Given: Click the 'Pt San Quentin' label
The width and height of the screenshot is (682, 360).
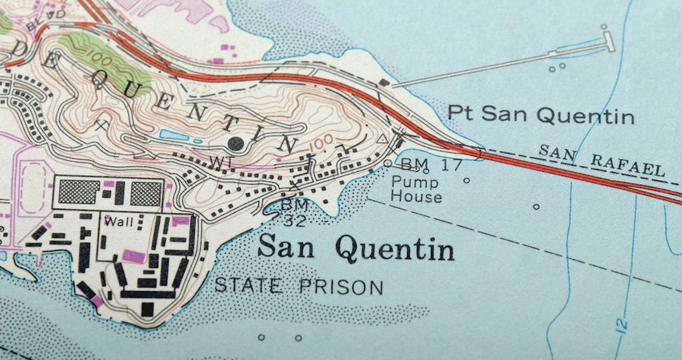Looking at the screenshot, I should coord(540,115).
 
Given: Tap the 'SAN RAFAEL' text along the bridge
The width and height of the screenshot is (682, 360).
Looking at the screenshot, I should coord(601,160).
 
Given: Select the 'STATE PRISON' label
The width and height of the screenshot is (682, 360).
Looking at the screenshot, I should coord(298,286).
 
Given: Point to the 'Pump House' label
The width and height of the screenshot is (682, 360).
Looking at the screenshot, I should coord(416,189).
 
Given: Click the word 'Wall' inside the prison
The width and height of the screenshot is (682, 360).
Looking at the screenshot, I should coord(119,222).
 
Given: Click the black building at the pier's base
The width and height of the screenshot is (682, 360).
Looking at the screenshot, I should coord(384,82).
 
